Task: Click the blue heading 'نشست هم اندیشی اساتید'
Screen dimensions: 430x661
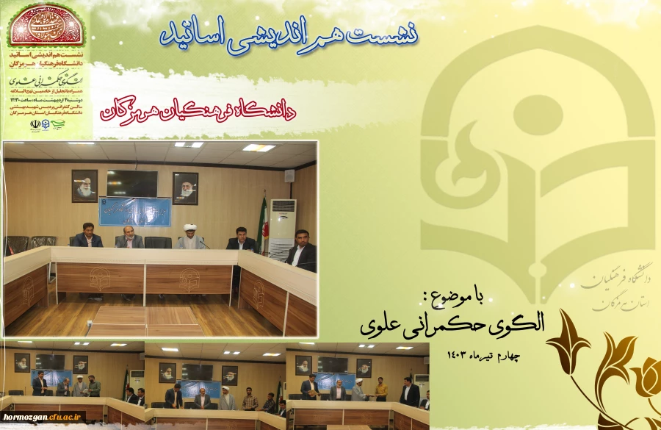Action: point(289,32)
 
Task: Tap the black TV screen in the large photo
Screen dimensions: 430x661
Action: point(132,183)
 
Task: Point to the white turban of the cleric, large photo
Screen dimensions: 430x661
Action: point(190,229)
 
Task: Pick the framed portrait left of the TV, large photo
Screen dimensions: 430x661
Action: point(84,185)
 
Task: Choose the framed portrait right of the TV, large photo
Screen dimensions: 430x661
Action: point(185,187)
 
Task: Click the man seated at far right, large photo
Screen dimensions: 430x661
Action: point(301,250)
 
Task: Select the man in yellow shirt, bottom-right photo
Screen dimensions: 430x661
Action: point(381,389)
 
